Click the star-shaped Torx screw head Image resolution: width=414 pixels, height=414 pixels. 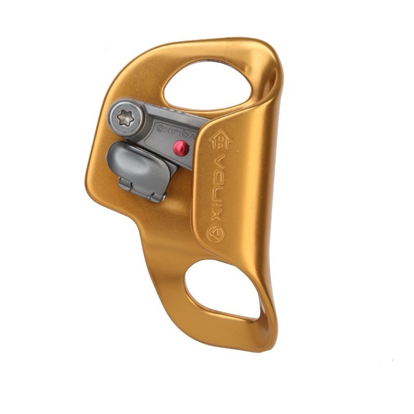[125, 118]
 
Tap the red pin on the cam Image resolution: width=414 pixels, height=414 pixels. [181, 148]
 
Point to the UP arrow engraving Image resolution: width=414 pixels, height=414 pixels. [221, 139]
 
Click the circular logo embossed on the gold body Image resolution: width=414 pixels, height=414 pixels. [216, 233]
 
